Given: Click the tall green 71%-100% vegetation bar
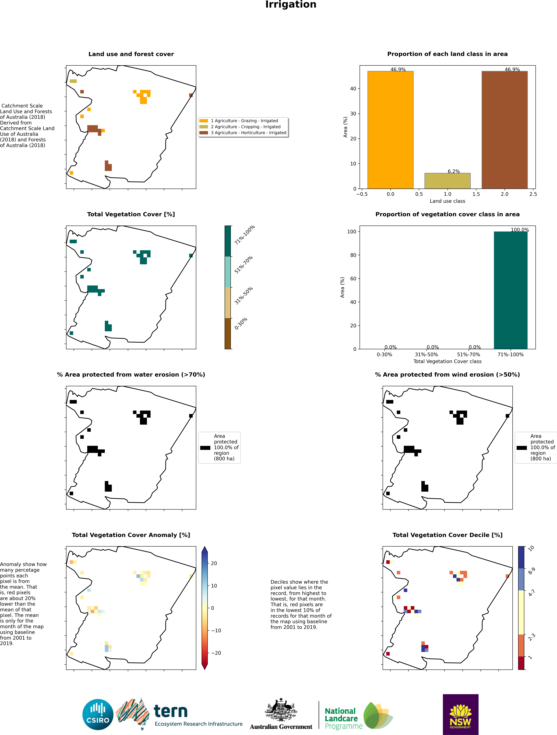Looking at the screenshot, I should [510, 290].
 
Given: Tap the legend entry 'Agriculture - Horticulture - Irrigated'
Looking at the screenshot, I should [248, 133].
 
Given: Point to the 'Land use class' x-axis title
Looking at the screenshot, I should [447, 201].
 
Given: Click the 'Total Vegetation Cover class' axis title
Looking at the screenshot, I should [447, 361].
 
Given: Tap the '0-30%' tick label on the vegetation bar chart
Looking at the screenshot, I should [384, 355].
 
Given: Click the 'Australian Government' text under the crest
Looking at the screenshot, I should [281, 727].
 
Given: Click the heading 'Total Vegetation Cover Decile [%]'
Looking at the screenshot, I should [447, 535].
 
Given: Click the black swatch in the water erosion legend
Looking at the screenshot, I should [205, 448].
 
